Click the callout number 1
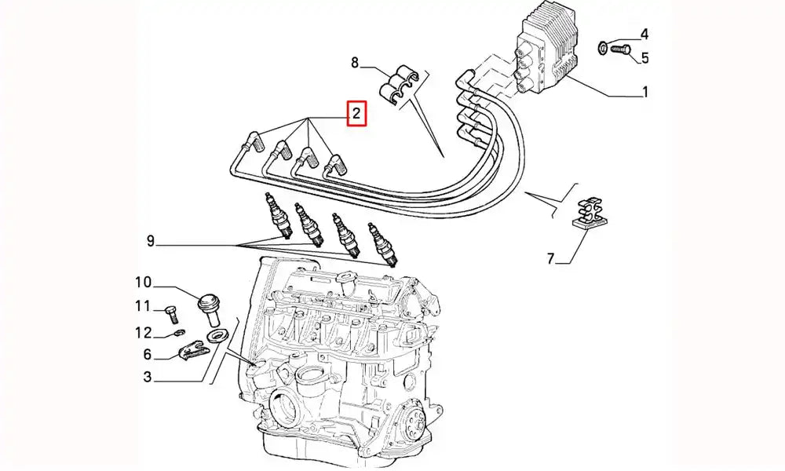point(644,93)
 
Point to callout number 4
point(644,34)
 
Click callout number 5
point(644,57)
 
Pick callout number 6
point(147,355)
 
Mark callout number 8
point(356,62)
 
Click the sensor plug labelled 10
point(210,307)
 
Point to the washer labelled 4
point(601,47)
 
